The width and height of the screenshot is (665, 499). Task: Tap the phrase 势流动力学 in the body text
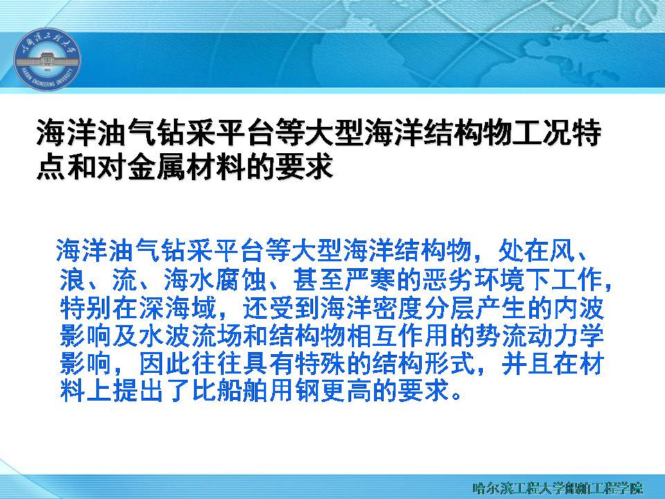pos(540,335)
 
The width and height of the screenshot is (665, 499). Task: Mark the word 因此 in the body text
pos(165,364)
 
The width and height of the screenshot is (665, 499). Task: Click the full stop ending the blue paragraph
pos(456,396)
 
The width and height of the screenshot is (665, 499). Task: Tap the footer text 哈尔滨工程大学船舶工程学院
pos(557,487)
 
